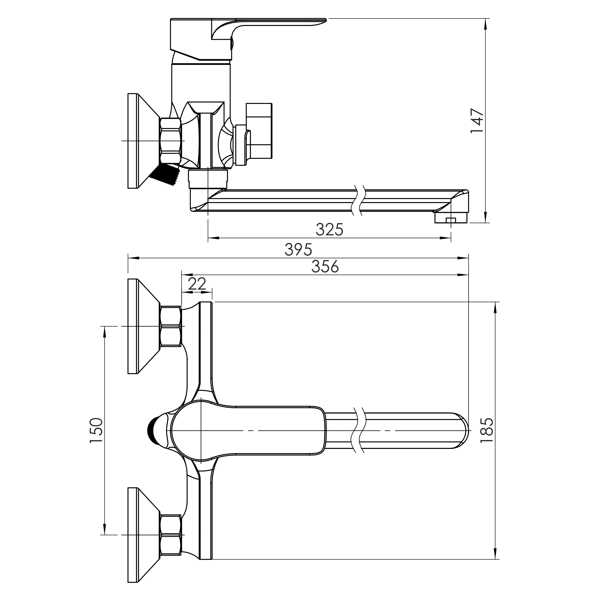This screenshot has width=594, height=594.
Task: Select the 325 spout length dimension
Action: coord(329,229)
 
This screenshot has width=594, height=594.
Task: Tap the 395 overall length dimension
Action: coord(298,249)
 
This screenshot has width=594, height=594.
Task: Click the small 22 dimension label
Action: coord(197,284)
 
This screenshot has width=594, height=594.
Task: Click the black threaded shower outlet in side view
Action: coord(164,175)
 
